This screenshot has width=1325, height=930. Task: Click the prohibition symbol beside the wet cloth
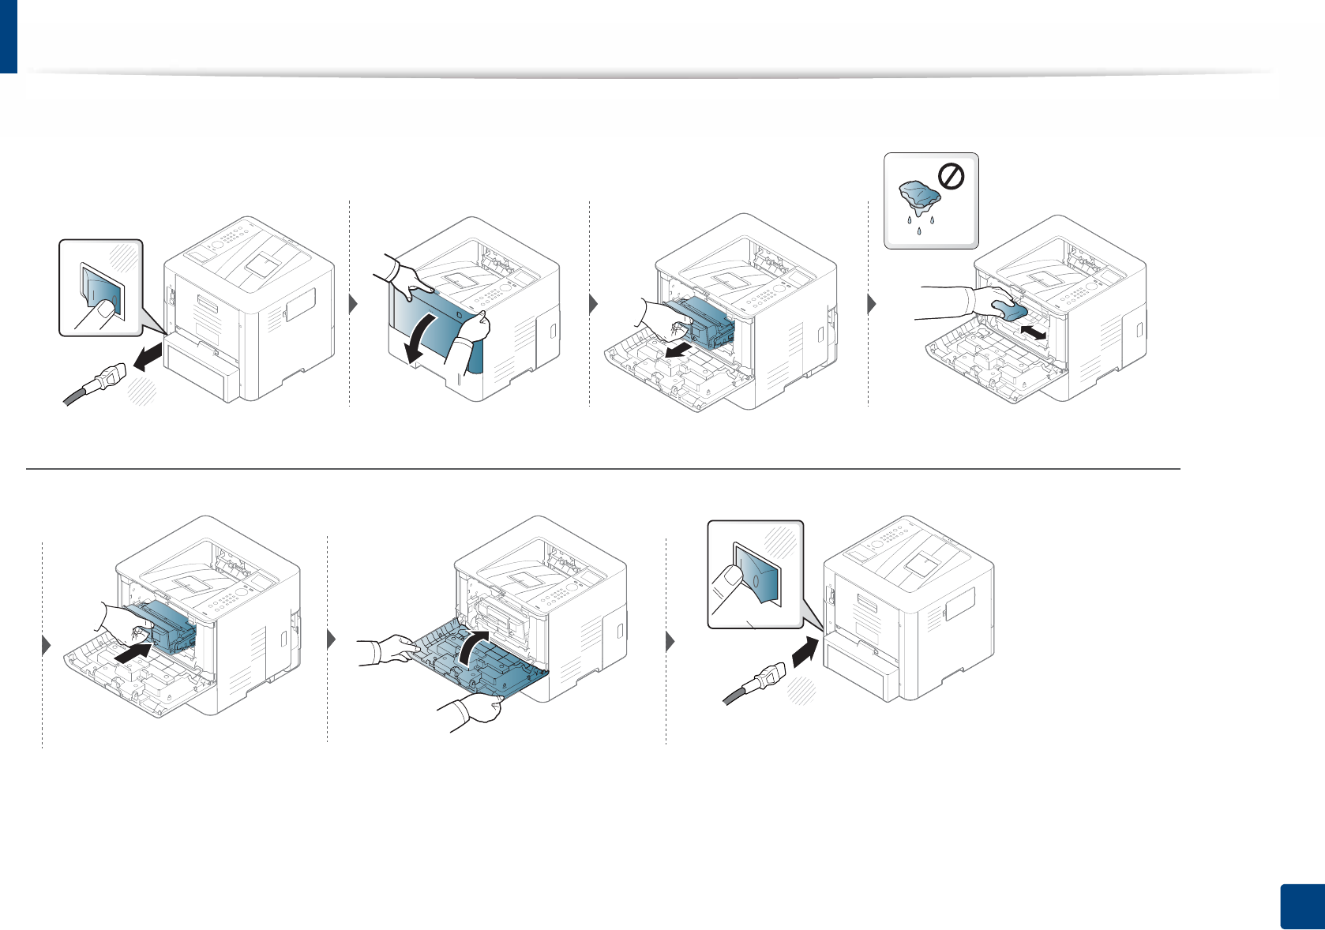[x=952, y=178]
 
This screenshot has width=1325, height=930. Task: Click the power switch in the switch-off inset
[x=103, y=292]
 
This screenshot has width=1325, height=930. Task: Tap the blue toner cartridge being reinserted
[x=169, y=624]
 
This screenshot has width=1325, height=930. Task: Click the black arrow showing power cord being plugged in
[x=804, y=651]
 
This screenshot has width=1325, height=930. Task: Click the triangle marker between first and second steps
[x=355, y=305]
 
